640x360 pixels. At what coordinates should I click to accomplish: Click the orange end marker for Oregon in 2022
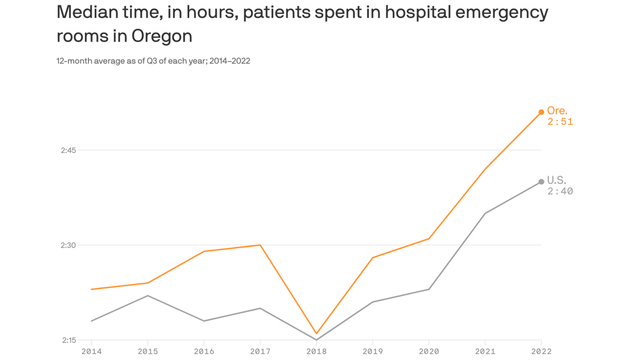pos(541,112)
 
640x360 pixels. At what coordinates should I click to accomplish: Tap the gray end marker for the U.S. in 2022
pos(541,182)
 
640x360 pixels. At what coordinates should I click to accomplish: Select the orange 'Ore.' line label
pos(557,111)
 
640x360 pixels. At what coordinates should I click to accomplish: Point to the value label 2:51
pos(560,122)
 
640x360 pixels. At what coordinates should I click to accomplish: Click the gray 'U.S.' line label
pos(557,180)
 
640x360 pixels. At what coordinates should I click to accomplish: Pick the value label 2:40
pos(560,191)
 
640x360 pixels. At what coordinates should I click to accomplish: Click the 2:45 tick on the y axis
pos(68,150)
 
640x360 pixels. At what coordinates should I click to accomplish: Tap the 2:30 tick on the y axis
pos(68,245)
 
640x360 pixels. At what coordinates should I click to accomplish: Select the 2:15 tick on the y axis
pos(68,340)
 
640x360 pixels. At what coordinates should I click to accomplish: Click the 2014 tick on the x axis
pos(91,351)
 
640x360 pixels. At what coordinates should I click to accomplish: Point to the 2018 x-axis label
pos(316,351)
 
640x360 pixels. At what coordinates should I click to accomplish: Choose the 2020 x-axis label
pos(429,351)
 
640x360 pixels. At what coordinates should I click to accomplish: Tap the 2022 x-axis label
pos(541,351)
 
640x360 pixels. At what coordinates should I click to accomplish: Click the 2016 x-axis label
pos(204,351)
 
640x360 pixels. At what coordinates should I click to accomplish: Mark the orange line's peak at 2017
pos(260,245)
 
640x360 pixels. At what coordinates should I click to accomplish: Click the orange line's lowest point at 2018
pos(316,334)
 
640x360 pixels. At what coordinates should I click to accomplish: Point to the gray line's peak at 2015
pos(148,296)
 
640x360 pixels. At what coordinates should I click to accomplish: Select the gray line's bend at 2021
pos(485,213)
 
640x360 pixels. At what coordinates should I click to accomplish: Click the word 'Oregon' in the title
pos(162,36)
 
